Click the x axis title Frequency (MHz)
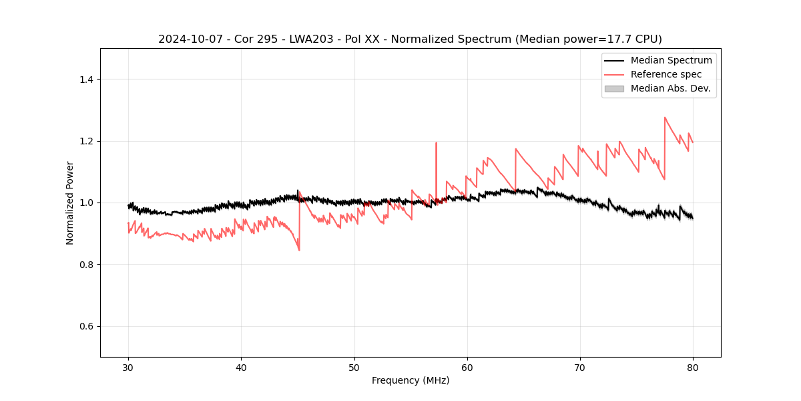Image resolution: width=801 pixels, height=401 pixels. (x=411, y=380)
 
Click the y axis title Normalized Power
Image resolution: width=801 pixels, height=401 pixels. (x=70, y=203)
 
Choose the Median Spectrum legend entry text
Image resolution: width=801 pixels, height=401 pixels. (x=671, y=60)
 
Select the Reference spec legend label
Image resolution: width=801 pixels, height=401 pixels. (x=666, y=74)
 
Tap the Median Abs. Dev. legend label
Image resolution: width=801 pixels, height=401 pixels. (x=670, y=88)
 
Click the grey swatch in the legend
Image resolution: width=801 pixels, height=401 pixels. (x=614, y=88)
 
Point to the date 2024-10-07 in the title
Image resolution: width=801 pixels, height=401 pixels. (x=190, y=39)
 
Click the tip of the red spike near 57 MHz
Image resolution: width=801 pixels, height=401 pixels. (x=436, y=142)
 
